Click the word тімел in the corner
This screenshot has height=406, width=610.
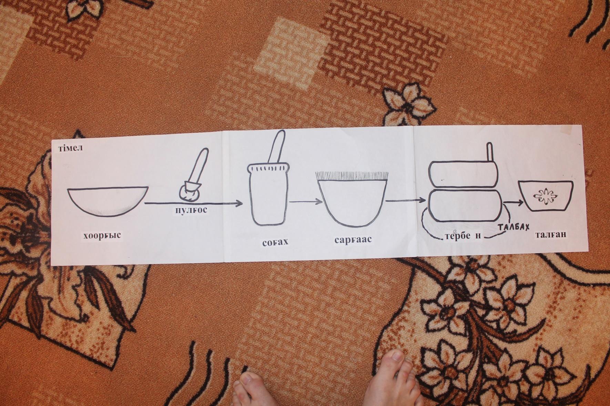pyautogui.click(x=70, y=148)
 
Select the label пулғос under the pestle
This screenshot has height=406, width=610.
pyautogui.click(x=190, y=210)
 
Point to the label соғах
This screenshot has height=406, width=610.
pyautogui.click(x=275, y=242)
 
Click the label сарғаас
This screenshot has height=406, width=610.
pyautogui.click(x=353, y=239)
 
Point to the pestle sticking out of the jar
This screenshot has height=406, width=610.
pyautogui.click(x=277, y=148)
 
